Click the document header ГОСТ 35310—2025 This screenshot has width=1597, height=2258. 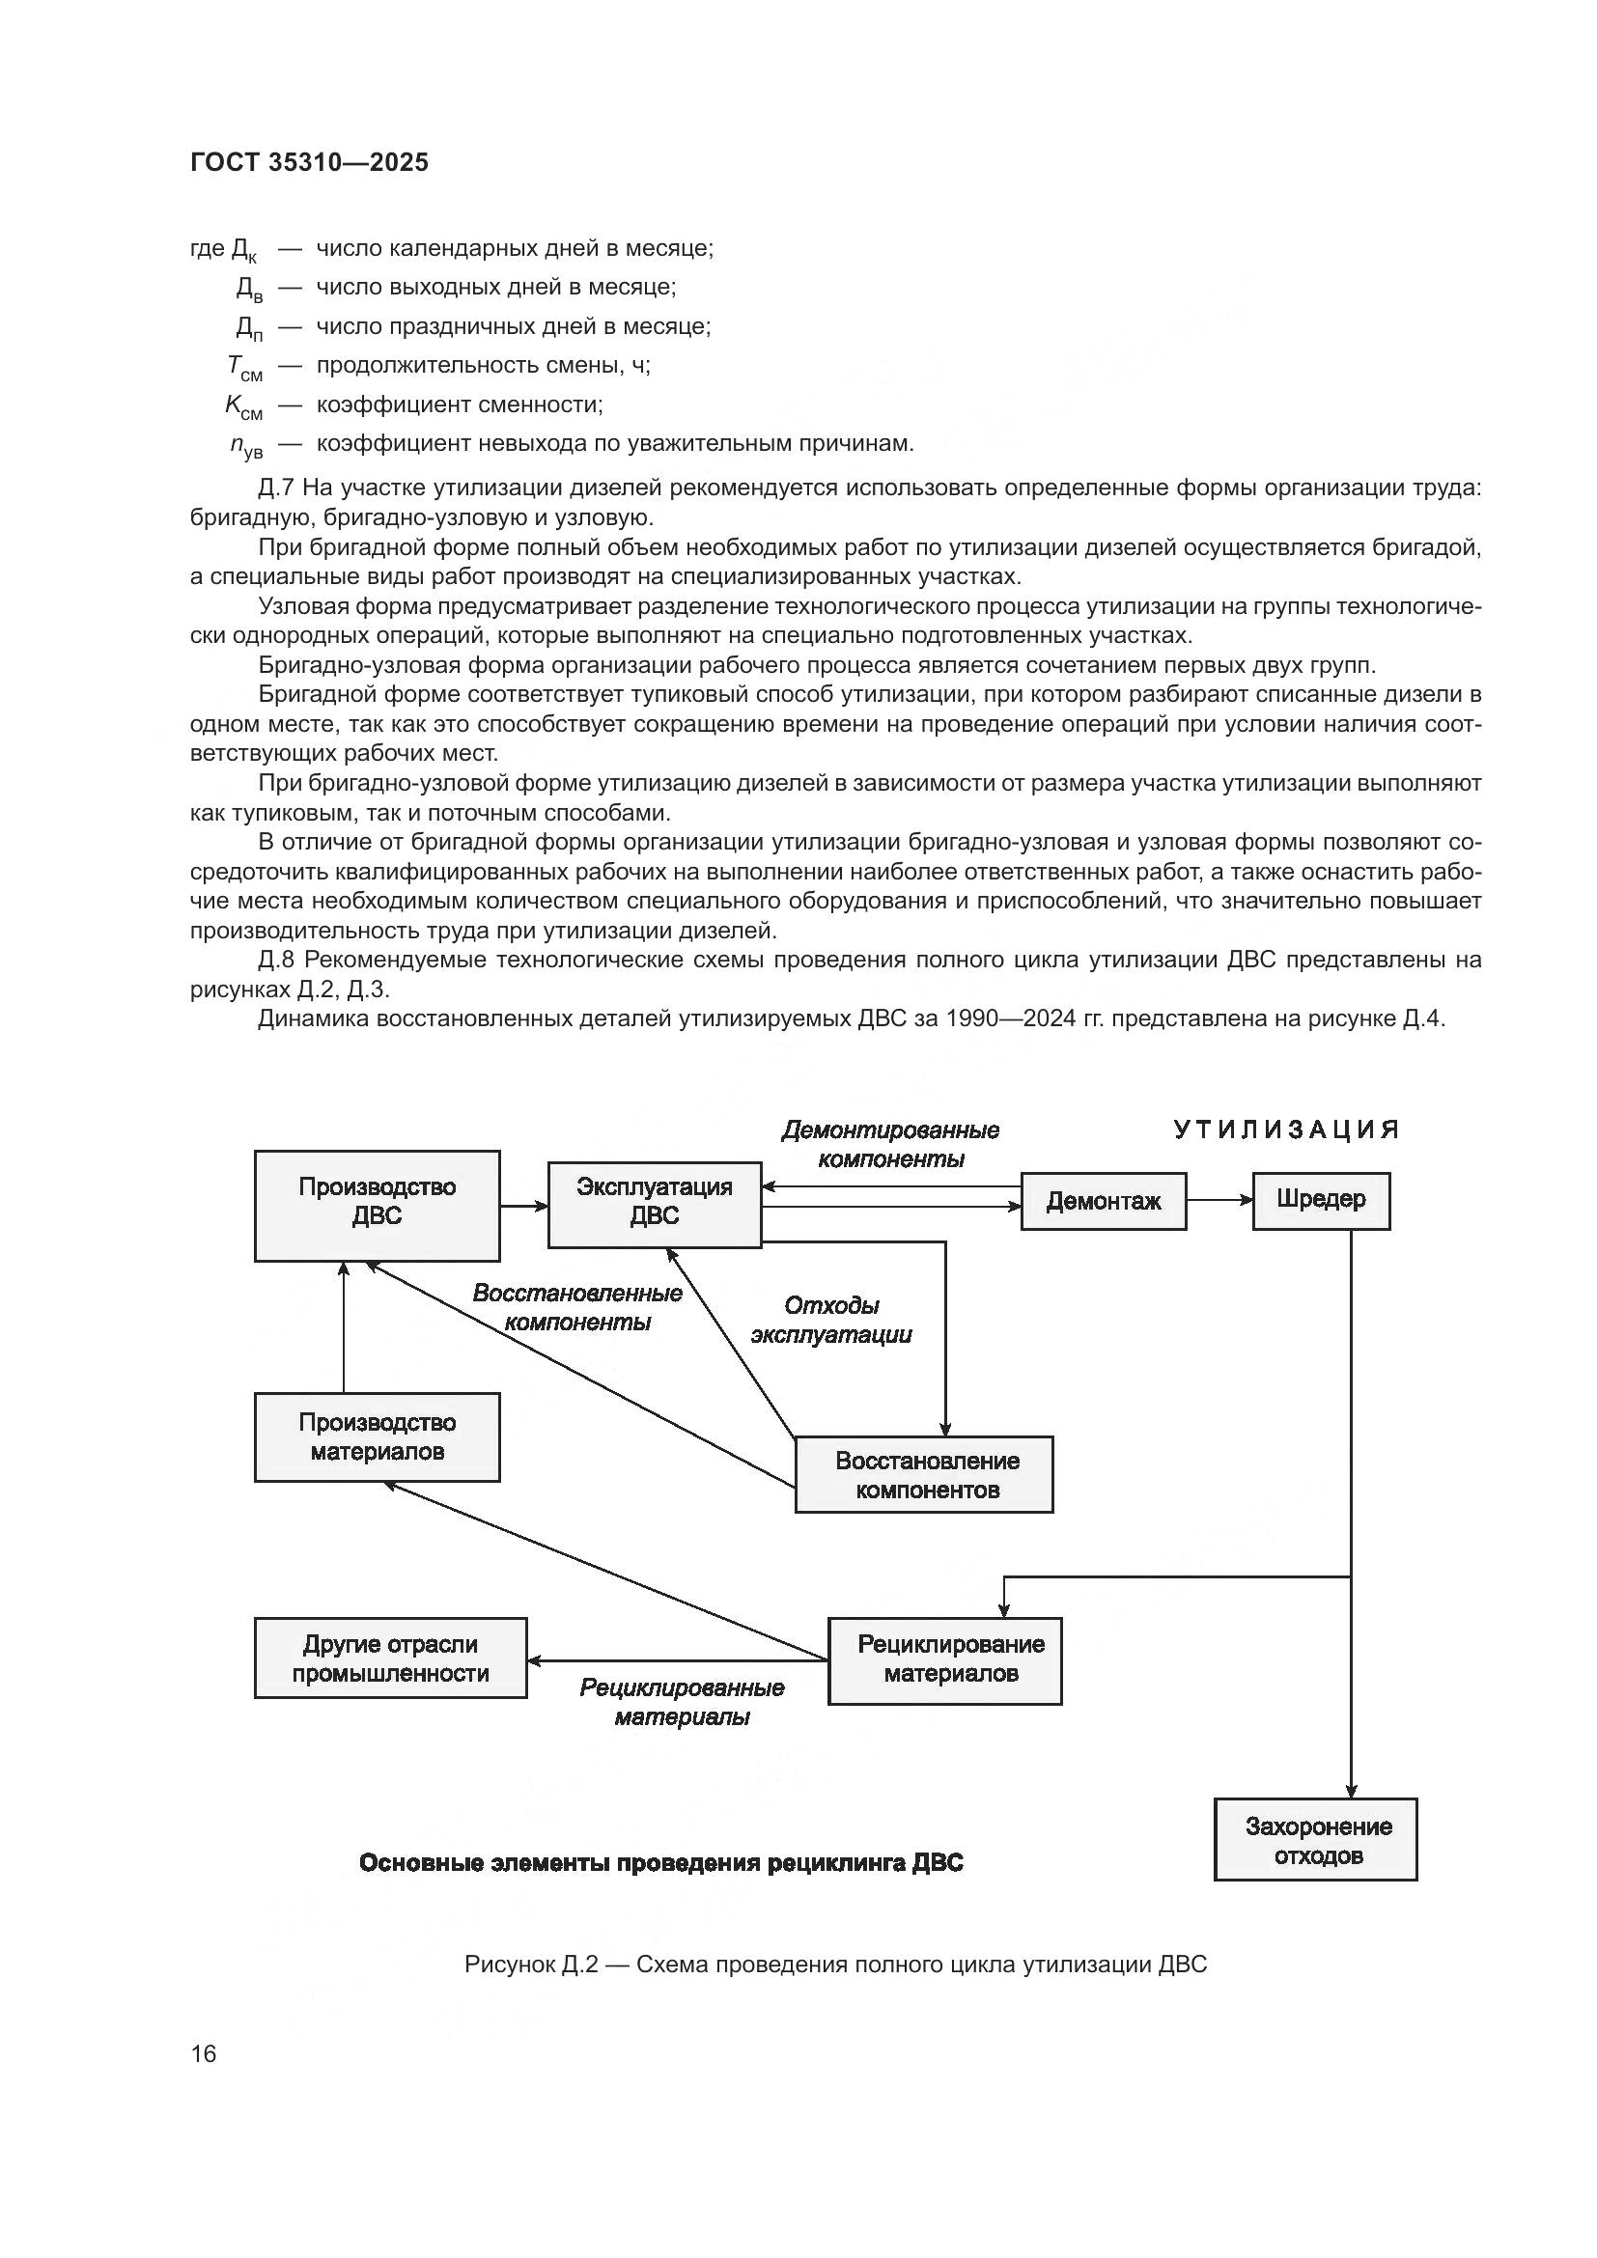click(x=309, y=162)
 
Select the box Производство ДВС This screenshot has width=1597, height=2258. click(x=377, y=1206)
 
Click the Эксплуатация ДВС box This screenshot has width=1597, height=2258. click(x=654, y=1205)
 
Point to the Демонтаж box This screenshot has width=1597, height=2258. click(x=1103, y=1201)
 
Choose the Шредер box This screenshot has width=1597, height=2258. click(x=1320, y=1200)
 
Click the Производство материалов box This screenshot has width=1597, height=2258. click(x=377, y=1436)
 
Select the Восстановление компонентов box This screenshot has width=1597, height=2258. click(x=923, y=1474)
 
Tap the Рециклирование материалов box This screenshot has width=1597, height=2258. click(x=944, y=1660)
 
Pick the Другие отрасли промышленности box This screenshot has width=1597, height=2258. click(x=390, y=1659)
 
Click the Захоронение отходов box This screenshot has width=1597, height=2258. click(x=1315, y=1840)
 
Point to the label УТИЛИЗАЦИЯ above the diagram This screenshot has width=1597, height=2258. click(x=1286, y=1129)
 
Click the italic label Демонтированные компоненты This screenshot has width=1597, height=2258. click(x=890, y=1145)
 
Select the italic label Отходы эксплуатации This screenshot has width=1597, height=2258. click(x=831, y=1320)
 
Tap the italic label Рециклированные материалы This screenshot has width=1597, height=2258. click(x=682, y=1702)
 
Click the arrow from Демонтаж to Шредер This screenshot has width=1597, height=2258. click(x=1219, y=1200)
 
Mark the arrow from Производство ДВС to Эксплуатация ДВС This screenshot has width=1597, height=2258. click(x=523, y=1206)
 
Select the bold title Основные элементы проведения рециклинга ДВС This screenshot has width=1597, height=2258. click(x=660, y=1862)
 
